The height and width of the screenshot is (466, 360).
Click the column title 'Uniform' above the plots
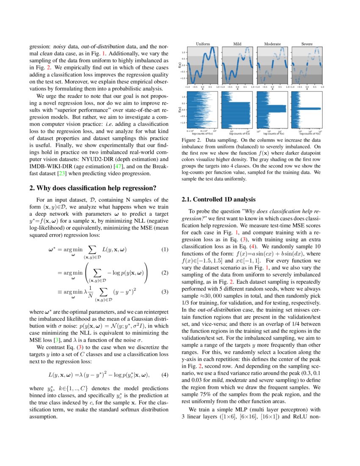(x=203, y=44)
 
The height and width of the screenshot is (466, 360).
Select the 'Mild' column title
(x=237, y=44)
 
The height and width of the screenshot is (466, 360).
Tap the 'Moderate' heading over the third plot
(x=272, y=44)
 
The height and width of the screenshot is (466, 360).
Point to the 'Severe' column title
(x=307, y=44)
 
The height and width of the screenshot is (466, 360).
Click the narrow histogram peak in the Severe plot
(x=308, y=108)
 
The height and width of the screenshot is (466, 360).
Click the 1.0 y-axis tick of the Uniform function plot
(x=183, y=53)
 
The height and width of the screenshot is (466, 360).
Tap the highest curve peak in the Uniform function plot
(x=211, y=48)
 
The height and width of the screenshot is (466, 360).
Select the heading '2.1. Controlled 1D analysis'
(x=219, y=199)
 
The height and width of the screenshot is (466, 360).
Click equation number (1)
(x=165, y=250)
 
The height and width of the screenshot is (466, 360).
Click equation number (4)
(x=165, y=374)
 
